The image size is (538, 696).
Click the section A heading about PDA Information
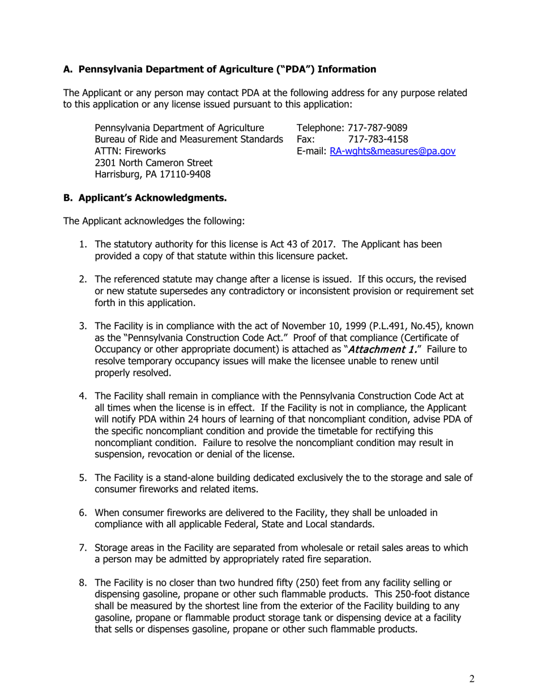219,70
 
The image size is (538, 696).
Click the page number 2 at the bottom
472,679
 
